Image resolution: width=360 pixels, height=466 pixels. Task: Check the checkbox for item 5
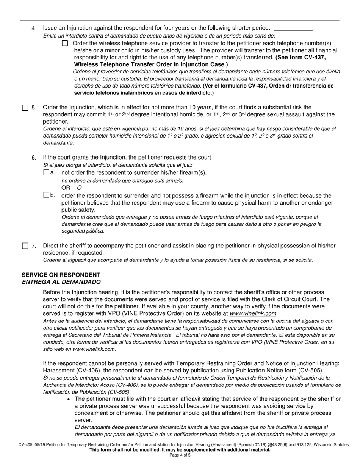[25, 108]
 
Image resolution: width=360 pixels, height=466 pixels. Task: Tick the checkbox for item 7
[25, 246]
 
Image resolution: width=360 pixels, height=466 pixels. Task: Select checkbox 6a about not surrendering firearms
[46, 172]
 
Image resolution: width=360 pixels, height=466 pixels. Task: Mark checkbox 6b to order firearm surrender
[46, 195]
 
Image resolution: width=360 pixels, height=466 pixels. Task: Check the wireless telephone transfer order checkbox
[65, 43]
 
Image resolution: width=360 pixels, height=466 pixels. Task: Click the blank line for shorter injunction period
[293, 28]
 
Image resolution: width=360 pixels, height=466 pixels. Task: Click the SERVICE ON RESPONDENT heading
[61, 275]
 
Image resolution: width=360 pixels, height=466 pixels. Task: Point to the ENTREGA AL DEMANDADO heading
[61, 282]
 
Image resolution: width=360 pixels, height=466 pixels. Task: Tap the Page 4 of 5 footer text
[180, 455]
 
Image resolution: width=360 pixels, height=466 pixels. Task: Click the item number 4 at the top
[34, 28]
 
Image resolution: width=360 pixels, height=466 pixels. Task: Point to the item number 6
[34, 158]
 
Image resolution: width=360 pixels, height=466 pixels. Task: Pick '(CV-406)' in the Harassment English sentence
[88, 370]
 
